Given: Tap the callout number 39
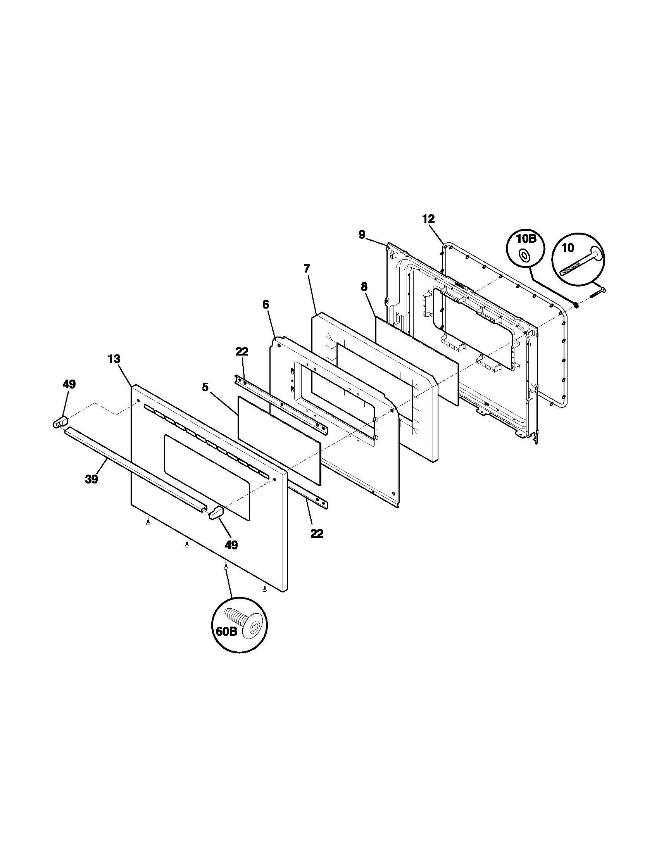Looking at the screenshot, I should point(91,479).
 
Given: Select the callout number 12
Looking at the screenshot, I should point(428,219).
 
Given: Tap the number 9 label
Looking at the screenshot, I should point(362,235).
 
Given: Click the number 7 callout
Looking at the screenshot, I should point(307,268).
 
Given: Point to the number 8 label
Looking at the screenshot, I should point(364,287).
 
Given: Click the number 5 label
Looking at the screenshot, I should point(205,387).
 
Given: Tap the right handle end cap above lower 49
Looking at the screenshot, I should point(216,512).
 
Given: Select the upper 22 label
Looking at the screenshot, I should point(242,352).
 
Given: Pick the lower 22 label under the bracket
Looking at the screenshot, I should point(317,534).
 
